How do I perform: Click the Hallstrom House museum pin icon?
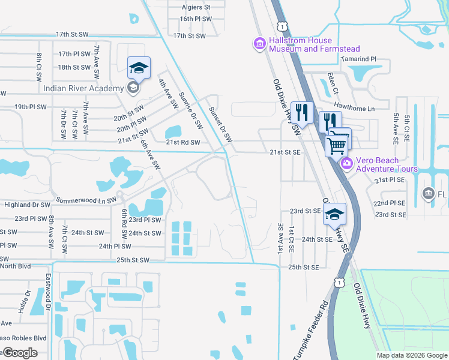coord(259,44)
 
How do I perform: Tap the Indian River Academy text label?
coord(83,88)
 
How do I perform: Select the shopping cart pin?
coord(337,143)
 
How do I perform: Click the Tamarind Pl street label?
coord(357,59)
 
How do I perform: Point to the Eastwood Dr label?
coord(48,293)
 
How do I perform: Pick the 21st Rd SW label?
coord(184,142)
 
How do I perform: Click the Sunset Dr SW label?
coord(220,124)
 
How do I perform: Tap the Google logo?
coord(20,353)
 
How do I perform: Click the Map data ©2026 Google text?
coord(411,355)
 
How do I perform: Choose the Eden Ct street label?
coord(331,83)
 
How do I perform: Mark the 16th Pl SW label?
coord(196,19)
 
